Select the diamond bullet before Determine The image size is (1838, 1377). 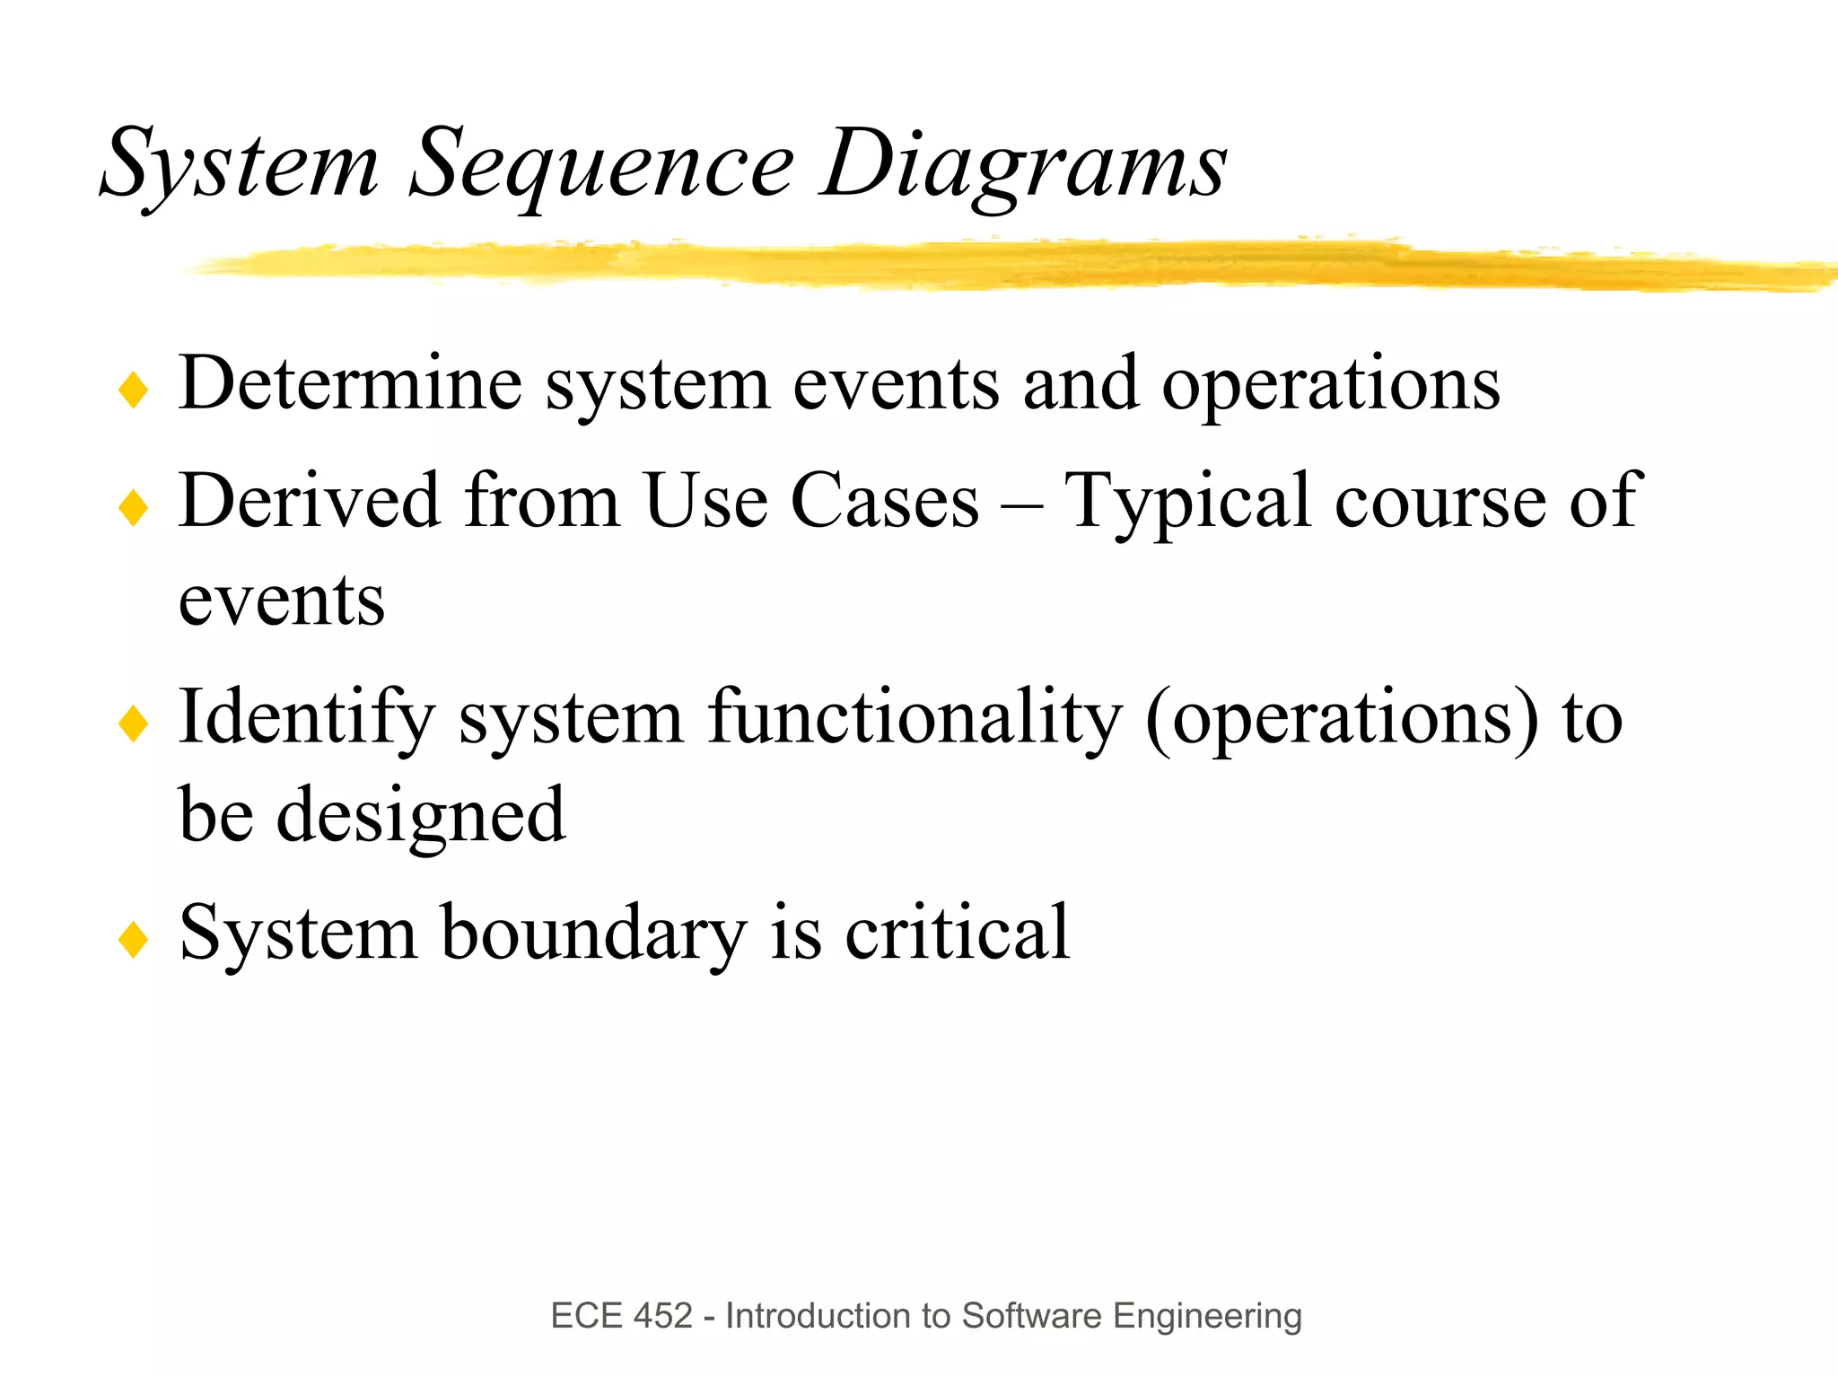pyautogui.click(x=133, y=390)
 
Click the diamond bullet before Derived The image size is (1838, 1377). pyautogui.click(x=133, y=507)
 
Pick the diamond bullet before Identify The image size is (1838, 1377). pyautogui.click(x=133, y=724)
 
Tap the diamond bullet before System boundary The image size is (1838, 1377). pyautogui.click(x=133, y=940)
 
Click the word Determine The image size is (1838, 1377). pyautogui.click(x=350, y=384)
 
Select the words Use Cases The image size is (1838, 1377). pyautogui.click(x=811, y=501)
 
